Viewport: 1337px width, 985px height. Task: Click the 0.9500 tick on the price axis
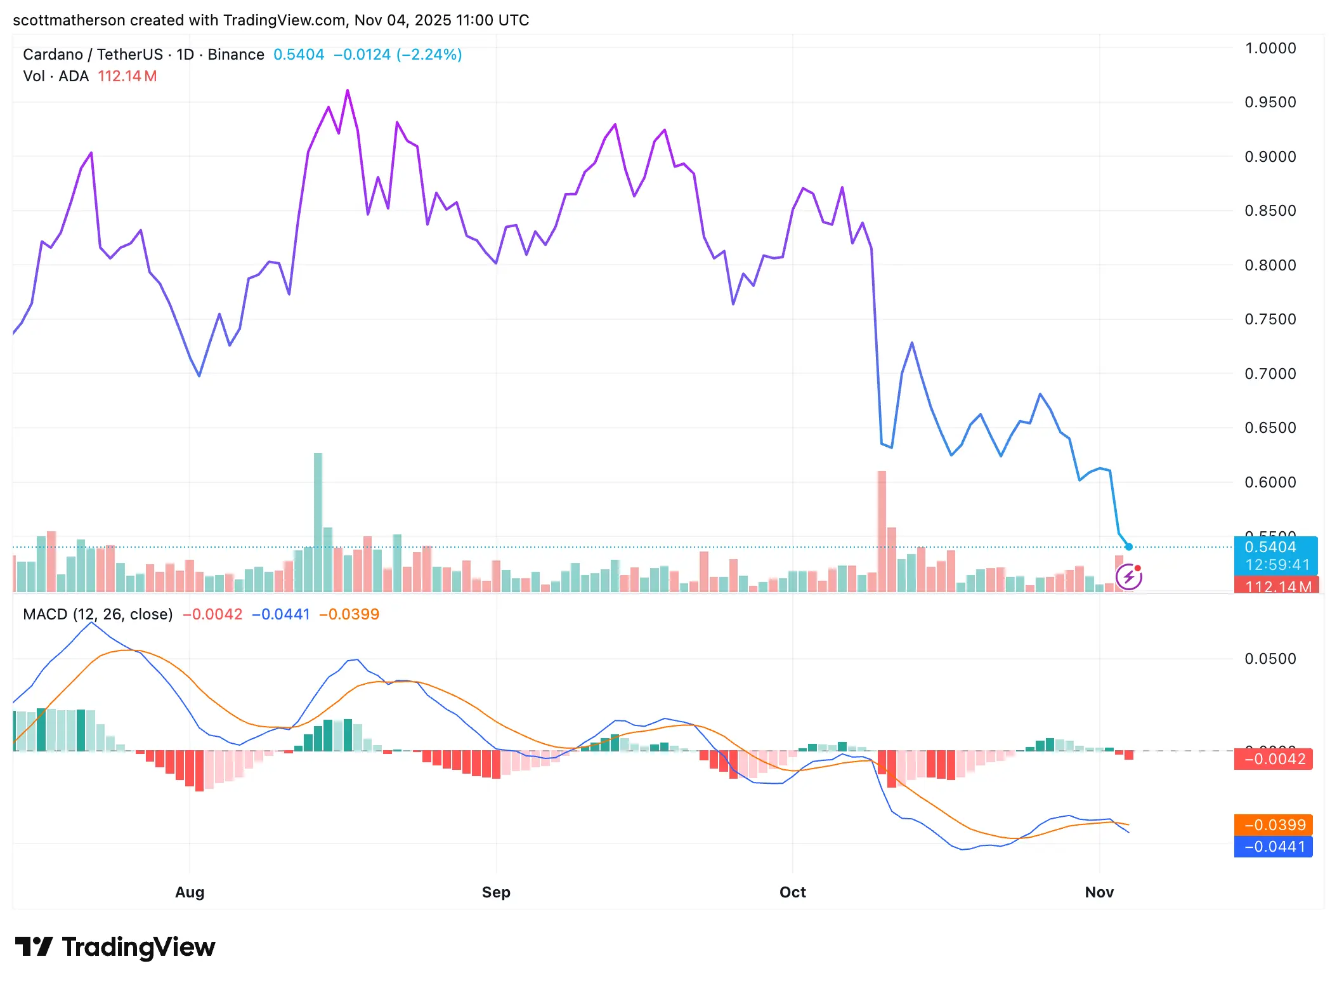coord(1270,102)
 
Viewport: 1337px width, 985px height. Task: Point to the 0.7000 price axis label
coord(1270,374)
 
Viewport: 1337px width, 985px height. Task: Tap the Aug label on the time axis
coord(190,892)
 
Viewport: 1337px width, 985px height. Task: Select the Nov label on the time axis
coord(1099,892)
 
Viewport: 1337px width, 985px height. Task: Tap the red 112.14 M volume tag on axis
coord(1276,586)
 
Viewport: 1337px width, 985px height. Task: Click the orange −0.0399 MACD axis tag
coord(1274,824)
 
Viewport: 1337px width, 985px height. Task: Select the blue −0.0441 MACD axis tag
coord(1274,846)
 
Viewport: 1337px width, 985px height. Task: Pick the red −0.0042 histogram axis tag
coord(1274,759)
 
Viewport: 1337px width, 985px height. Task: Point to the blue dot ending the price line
coord(1129,546)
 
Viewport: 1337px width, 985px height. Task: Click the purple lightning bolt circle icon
coord(1128,577)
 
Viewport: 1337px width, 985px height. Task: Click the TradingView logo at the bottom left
coord(115,947)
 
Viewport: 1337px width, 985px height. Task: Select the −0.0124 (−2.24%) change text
coord(398,55)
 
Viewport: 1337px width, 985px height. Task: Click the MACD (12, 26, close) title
coord(98,614)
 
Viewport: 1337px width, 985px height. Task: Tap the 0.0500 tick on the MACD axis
coord(1270,659)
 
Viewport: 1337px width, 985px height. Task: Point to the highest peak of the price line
coord(348,91)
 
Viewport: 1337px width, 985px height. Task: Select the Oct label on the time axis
coord(792,892)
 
